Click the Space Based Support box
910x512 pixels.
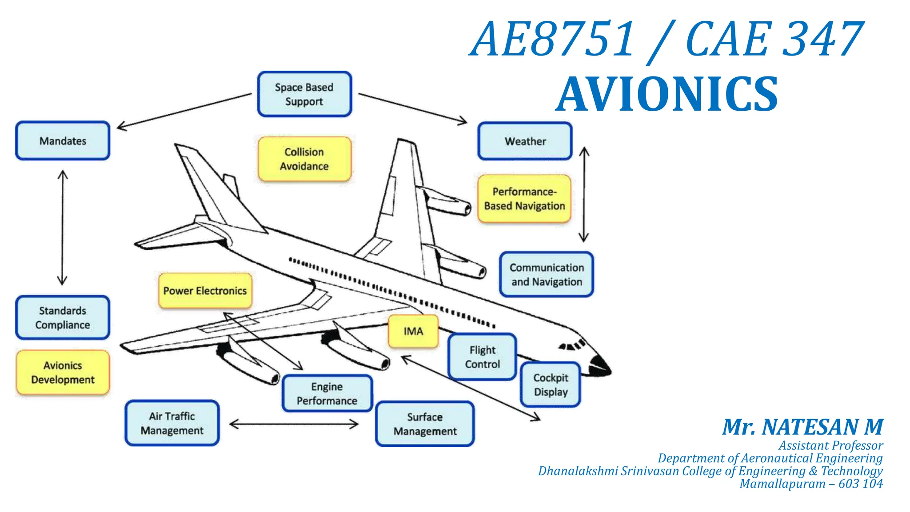click(x=304, y=94)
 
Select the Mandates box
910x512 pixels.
click(x=63, y=141)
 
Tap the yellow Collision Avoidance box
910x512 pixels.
click(x=304, y=159)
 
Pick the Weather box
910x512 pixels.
click(x=525, y=141)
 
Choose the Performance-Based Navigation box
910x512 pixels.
click(x=524, y=199)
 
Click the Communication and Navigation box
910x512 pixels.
click(x=546, y=275)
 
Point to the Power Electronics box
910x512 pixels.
click(x=205, y=291)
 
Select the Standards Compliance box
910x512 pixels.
click(x=63, y=318)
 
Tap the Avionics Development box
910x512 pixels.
click(x=63, y=372)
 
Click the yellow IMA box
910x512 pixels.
click(x=413, y=331)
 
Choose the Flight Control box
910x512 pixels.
click(x=482, y=357)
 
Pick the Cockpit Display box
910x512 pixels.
click(x=551, y=385)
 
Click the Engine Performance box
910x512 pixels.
click(x=327, y=394)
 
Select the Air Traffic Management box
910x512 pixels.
click(x=172, y=423)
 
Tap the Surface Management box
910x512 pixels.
click(x=425, y=424)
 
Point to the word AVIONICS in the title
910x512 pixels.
click(x=667, y=94)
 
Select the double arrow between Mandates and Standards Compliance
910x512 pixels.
click(x=62, y=228)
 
